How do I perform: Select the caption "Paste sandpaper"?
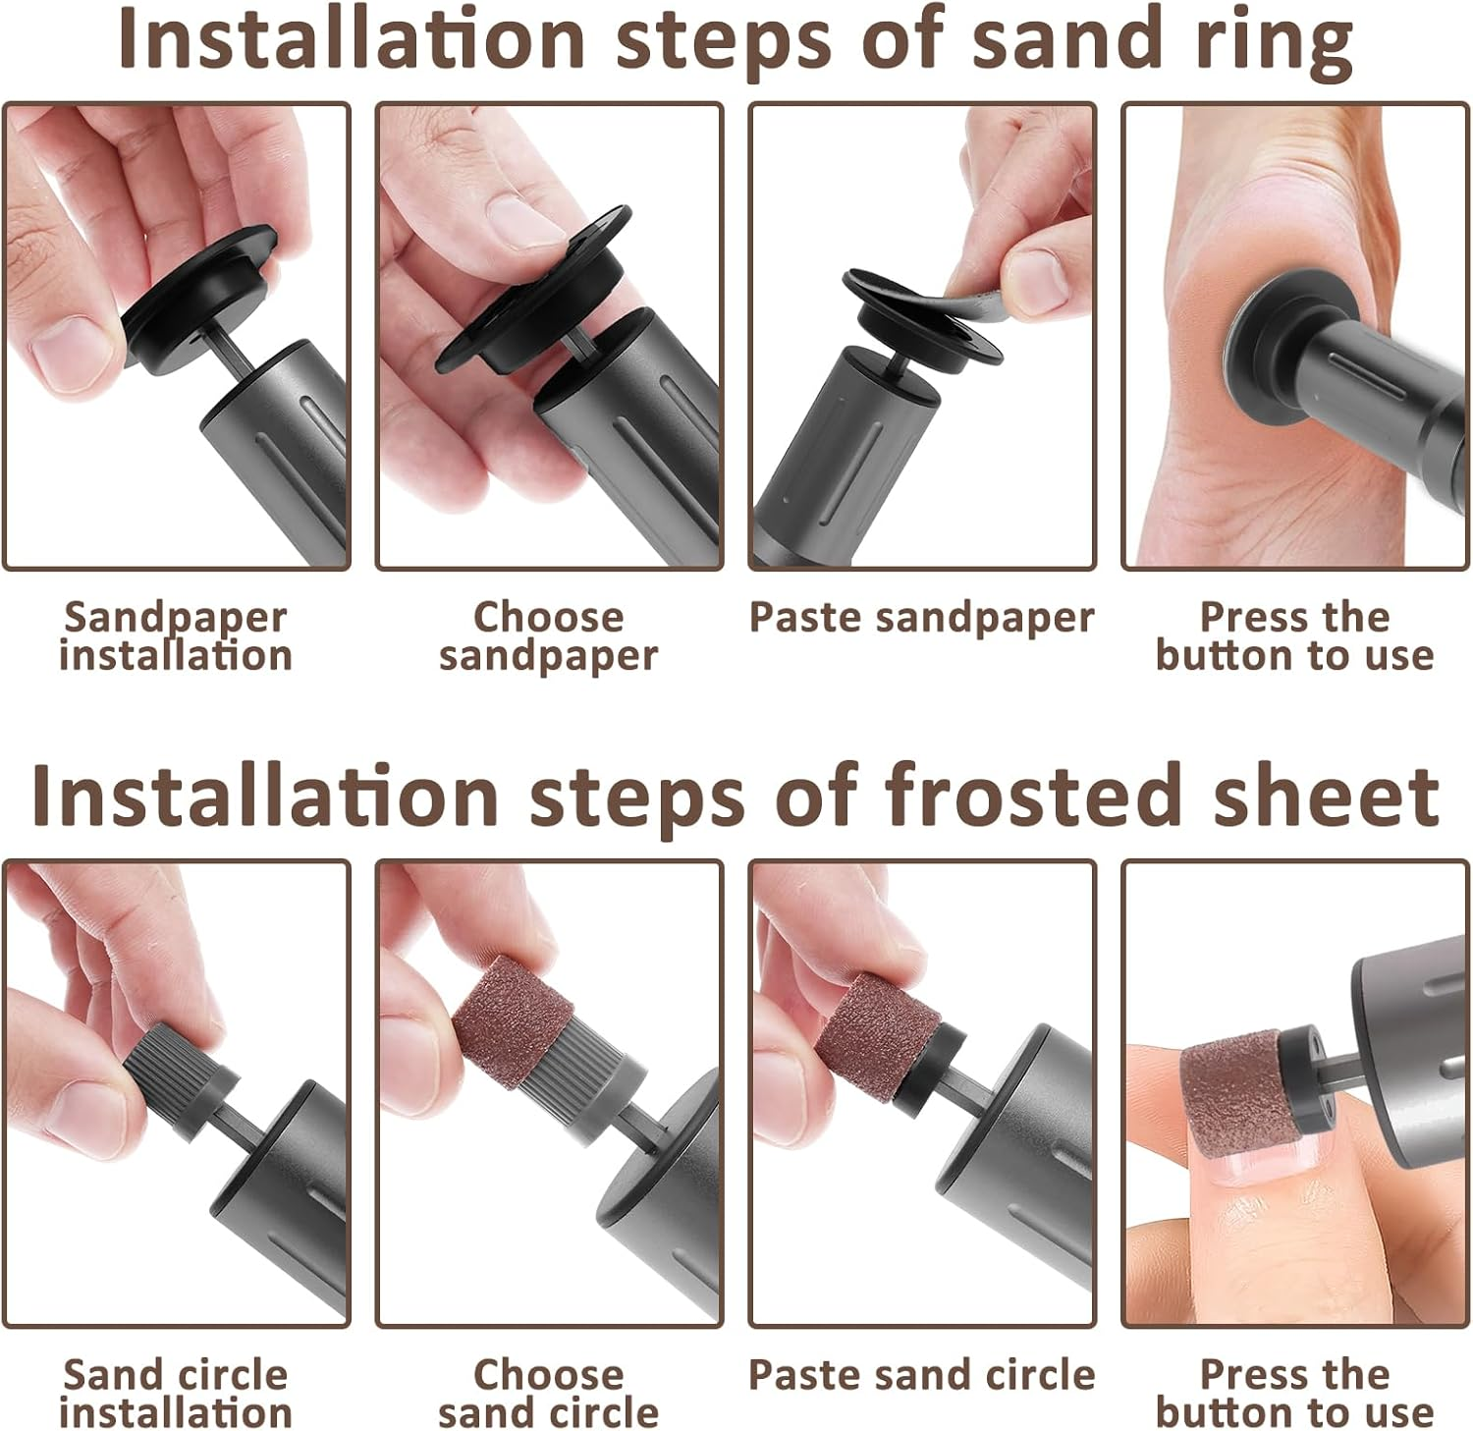tap(921, 618)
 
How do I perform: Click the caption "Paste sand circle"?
tap(921, 1375)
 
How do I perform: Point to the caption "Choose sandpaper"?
tap(548, 636)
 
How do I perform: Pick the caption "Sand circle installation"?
tap(176, 1394)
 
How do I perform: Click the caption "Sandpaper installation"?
tap(176, 636)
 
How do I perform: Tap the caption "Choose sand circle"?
tap(548, 1394)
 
